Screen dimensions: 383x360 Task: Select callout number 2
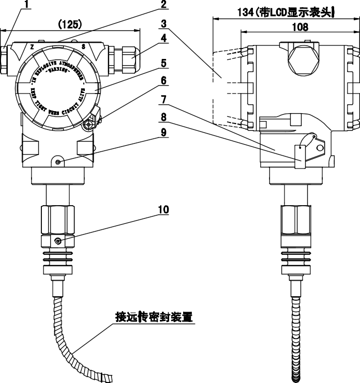tap(163, 5)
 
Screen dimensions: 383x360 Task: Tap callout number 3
tap(163, 23)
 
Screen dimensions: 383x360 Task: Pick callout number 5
tap(163, 64)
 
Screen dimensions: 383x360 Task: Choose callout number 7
tap(163, 97)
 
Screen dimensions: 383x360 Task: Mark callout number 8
tap(163, 116)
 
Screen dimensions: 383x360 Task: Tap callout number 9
tap(163, 132)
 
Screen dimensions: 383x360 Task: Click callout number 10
tap(163, 209)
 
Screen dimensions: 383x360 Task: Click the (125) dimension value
tap(71, 24)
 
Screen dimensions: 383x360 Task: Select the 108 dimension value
tap(299, 26)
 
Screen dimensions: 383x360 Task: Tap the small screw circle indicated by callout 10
tap(57, 241)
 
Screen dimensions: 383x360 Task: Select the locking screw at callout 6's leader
tap(88, 124)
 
